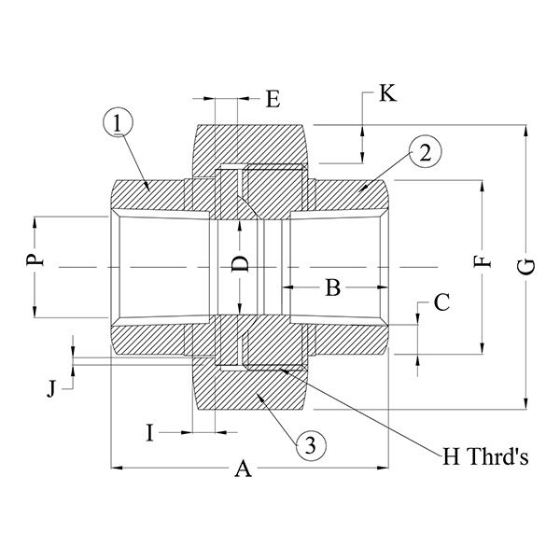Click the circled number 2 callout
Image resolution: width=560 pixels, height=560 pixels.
tap(424, 151)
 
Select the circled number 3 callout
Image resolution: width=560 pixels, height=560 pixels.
tap(311, 445)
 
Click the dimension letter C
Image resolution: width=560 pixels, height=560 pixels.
tap(442, 301)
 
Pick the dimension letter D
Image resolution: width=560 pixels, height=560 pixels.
tap(241, 264)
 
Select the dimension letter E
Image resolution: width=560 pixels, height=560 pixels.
tap(273, 98)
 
